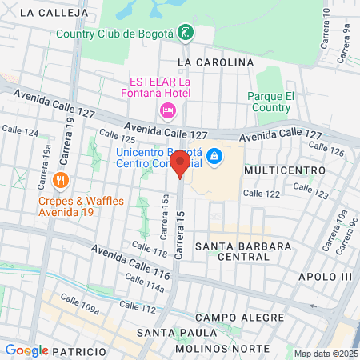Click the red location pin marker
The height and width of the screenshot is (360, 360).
(181, 166)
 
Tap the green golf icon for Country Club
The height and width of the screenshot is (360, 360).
(186, 33)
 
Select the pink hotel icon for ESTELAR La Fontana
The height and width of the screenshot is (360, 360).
(168, 110)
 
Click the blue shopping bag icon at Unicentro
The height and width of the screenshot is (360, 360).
(214, 156)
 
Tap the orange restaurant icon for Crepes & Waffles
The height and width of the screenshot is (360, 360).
(61, 180)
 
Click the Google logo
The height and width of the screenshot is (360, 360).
(26, 350)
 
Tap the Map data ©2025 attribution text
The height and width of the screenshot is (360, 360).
(326, 354)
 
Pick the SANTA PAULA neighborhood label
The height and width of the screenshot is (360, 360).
(171, 332)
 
